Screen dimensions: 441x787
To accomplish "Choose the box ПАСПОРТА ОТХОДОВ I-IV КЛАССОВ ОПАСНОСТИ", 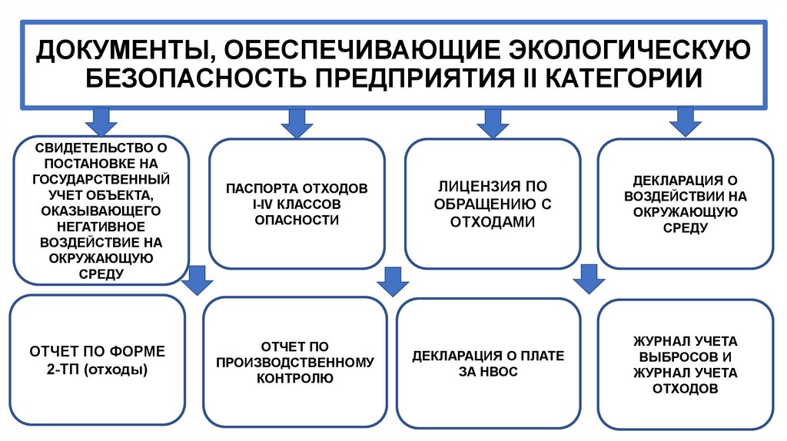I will pyautogui.click(x=297, y=203).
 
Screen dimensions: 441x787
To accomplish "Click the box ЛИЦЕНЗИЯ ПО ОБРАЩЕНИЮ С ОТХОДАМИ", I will pyautogui.click(x=492, y=203).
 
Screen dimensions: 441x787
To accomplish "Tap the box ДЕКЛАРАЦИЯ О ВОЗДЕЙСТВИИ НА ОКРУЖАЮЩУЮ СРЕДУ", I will pyautogui.click(x=685, y=203).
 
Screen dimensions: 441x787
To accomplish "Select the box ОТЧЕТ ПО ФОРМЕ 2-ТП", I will pyautogui.click(x=97, y=361).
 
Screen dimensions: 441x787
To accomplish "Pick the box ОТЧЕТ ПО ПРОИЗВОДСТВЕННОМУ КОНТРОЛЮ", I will pyautogui.click(x=295, y=361).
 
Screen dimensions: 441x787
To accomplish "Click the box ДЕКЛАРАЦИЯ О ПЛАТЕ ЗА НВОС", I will pyautogui.click(x=488, y=361).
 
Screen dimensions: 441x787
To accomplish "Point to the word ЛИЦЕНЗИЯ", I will pyautogui.click(x=470, y=186).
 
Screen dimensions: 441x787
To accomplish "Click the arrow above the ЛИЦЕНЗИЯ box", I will pyautogui.click(x=489, y=121).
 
